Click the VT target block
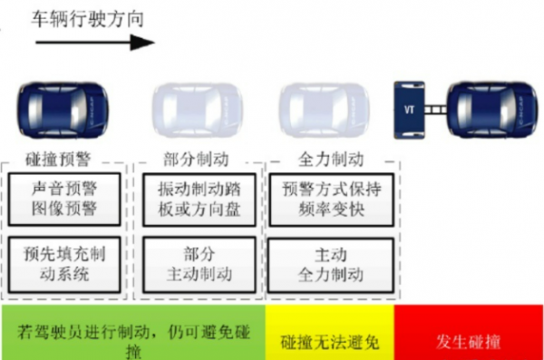click(x=409, y=110)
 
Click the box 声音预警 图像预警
click(x=63, y=199)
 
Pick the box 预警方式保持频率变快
click(x=330, y=199)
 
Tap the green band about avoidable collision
click(x=132, y=332)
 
